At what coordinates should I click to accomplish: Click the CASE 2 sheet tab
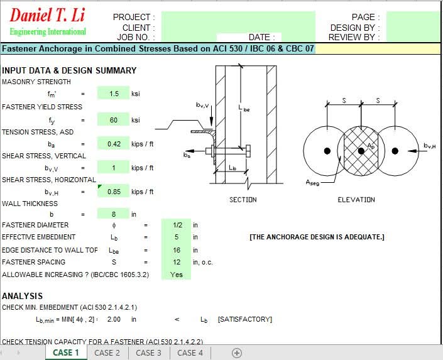(107, 352)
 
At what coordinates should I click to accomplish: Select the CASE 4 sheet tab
(190, 352)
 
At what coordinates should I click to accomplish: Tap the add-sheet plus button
(237, 353)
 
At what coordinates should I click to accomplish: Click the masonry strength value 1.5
(114, 94)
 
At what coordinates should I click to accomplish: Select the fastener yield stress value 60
(114, 120)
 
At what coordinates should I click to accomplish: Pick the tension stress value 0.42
(114, 144)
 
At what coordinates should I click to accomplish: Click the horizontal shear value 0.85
(114, 192)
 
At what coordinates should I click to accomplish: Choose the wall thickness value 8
(114, 214)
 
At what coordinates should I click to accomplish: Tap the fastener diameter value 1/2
(177, 225)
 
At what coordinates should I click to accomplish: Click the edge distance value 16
(177, 250)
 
